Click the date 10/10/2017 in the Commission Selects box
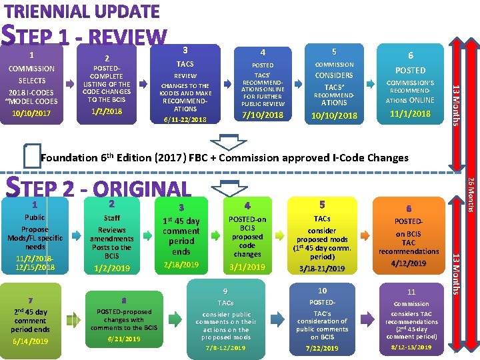click(31, 113)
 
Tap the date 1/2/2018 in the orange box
click(107, 111)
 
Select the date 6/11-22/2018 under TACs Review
click(185, 119)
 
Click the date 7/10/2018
click(262, 115)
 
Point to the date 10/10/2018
click(334, 116)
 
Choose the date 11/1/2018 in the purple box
click(411, 114)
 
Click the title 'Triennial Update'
click(83, 11)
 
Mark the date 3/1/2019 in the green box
click(247, 267)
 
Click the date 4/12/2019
click(409, 264)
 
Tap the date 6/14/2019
click(31, 341)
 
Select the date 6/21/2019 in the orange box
click(123, 339)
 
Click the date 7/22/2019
click(322, 348)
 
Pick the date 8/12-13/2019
click(411, 347)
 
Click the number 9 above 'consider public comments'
click(225, 291)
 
